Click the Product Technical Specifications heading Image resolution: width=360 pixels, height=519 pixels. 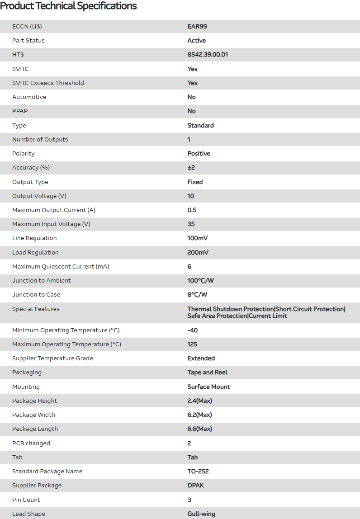tap(68, 6)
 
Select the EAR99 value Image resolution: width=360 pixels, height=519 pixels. tap(197, 26)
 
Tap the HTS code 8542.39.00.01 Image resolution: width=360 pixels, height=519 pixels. tap(208, 55)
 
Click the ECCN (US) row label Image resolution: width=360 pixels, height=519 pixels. tap(27, 26)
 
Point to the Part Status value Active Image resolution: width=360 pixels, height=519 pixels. tap(197, 41)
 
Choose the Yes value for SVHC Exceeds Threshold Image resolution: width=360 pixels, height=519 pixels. tap(193, 83)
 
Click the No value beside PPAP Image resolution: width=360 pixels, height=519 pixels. tap(192, 111)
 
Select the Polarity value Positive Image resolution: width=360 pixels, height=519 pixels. tap(199, 154)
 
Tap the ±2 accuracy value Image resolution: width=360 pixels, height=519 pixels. tap(191, 168)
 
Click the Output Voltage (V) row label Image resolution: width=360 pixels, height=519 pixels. tap(41, 196)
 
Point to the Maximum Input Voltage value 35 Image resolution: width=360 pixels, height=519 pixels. tap(191, 224)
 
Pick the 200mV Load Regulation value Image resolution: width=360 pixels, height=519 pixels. tap(198, 253)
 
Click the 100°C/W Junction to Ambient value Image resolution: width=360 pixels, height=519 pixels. tap(201, 281)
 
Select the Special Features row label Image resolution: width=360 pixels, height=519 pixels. tap(36, 309)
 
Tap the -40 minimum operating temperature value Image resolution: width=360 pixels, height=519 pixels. tap(193, 330)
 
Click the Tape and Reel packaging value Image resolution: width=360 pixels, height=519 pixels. tap(208, 373)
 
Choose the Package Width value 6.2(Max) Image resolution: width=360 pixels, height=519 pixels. tap(200, 415)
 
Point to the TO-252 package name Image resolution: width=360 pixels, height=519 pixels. tap(198, 472)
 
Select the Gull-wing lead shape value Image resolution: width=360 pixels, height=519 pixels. tap(201, 514)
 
